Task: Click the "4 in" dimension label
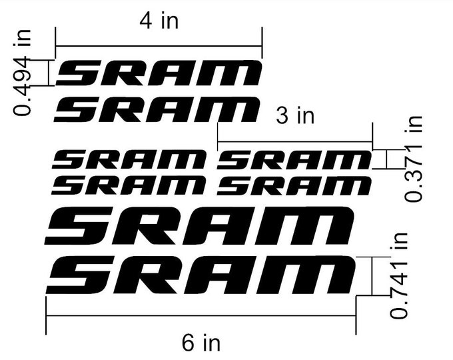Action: click(159, 21)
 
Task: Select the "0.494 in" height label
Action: click(24, 73)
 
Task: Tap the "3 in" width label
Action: click(294, 116)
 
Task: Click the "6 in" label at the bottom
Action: click(201, 343)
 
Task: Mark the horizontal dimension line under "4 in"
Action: click(159, 47)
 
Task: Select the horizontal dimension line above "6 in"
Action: click(201, 315)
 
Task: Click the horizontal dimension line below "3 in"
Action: click(294, 142)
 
